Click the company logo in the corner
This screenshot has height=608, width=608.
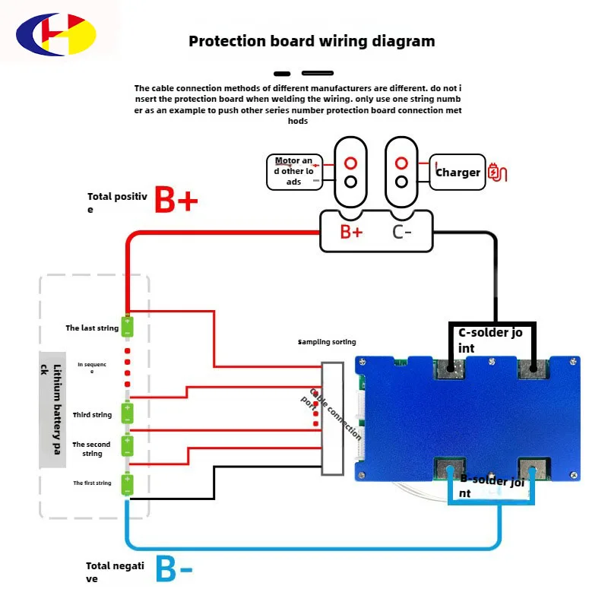coord(57,37)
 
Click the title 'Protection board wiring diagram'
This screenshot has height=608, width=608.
coord(312,41)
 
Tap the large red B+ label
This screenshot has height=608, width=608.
coord(176,201)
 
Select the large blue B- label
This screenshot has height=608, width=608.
coord(174,570)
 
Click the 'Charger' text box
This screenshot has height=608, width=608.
coord(458,173)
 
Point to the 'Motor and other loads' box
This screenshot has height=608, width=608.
coord(294,171)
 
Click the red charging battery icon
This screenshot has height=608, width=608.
coord(496,172)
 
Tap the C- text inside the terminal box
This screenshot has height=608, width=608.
coord(402,232)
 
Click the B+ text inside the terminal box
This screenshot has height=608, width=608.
coord(351,232)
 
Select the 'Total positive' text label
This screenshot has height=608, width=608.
coord(116,201)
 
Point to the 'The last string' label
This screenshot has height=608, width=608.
coord(92,328)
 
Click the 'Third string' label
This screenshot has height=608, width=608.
coord(92,415)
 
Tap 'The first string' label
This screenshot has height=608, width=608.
coord(92,483)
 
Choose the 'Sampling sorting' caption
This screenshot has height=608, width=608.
coord(327,343)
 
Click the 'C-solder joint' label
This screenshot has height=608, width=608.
coord(491,340)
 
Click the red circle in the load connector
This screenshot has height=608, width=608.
coord(351,163)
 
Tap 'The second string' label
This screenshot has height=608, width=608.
coord(92,448)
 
